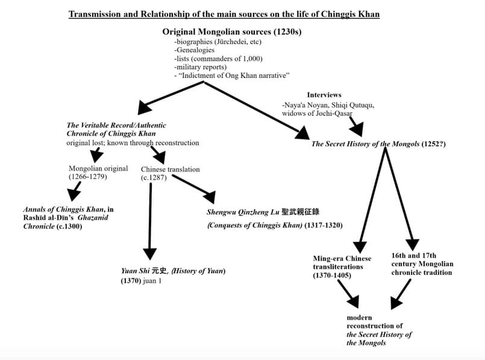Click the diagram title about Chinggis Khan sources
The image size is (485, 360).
pos(224,14)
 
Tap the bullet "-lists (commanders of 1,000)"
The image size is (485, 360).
pos(213,58)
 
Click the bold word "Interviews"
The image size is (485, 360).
pos(324,95)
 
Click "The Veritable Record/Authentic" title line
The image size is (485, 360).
pos(116,125)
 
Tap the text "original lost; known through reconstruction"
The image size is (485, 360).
pos(133,143)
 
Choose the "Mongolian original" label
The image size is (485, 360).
pos(98,169)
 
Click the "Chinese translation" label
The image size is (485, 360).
pos(170,169)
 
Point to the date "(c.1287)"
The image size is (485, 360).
pos(154,178)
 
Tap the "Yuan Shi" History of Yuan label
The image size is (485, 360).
pos(173,271)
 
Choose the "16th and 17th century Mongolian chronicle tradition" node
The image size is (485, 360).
pos(421,264)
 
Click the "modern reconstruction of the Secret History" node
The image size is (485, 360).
pos(379,330)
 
